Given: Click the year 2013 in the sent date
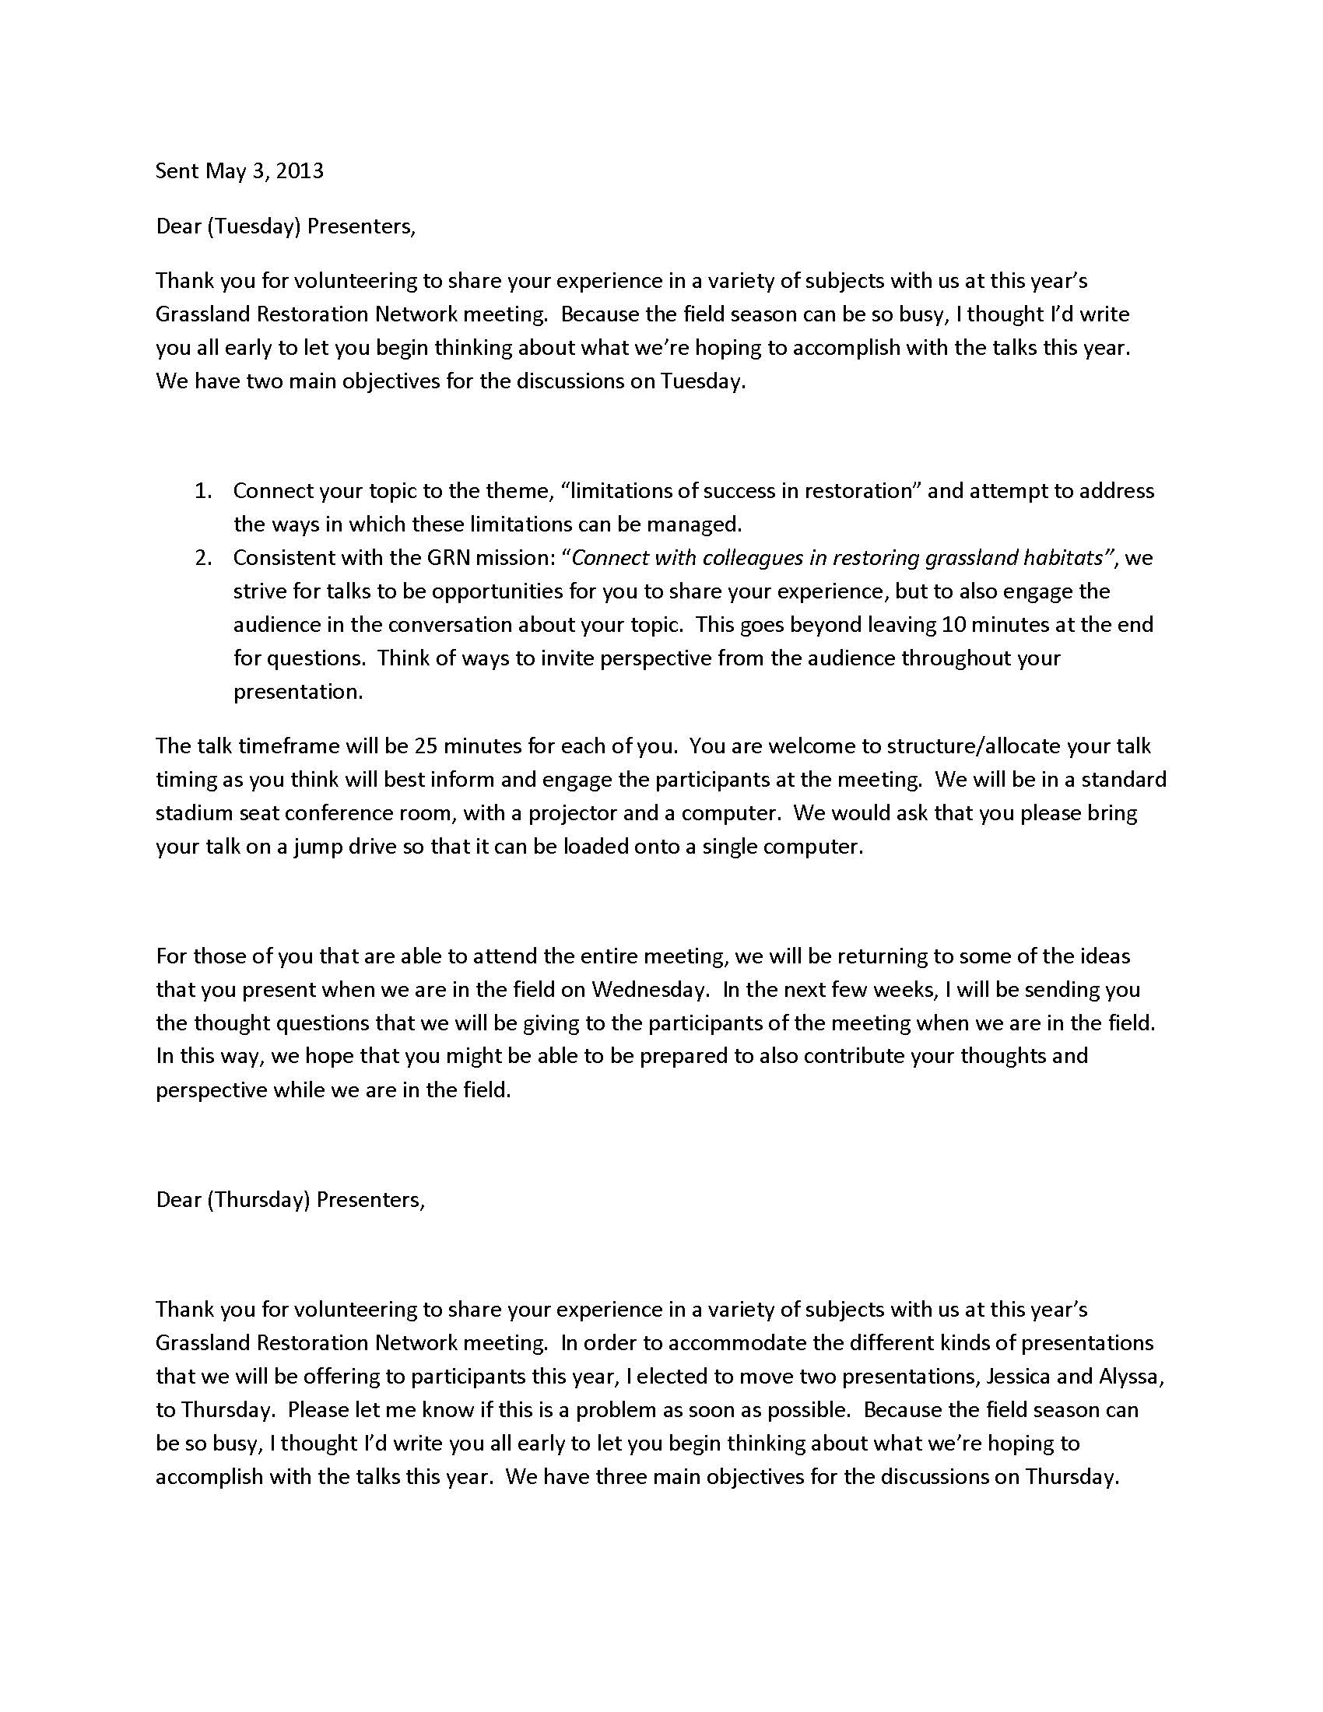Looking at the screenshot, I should pyautogui.click(x=300, y=171).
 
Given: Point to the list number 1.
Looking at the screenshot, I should pyautogui.click(x=203, y=491).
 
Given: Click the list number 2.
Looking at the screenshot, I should pyautogui.click(x=204, y=557).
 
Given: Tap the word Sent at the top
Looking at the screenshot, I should pyautogui.click(x=177, y=171).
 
